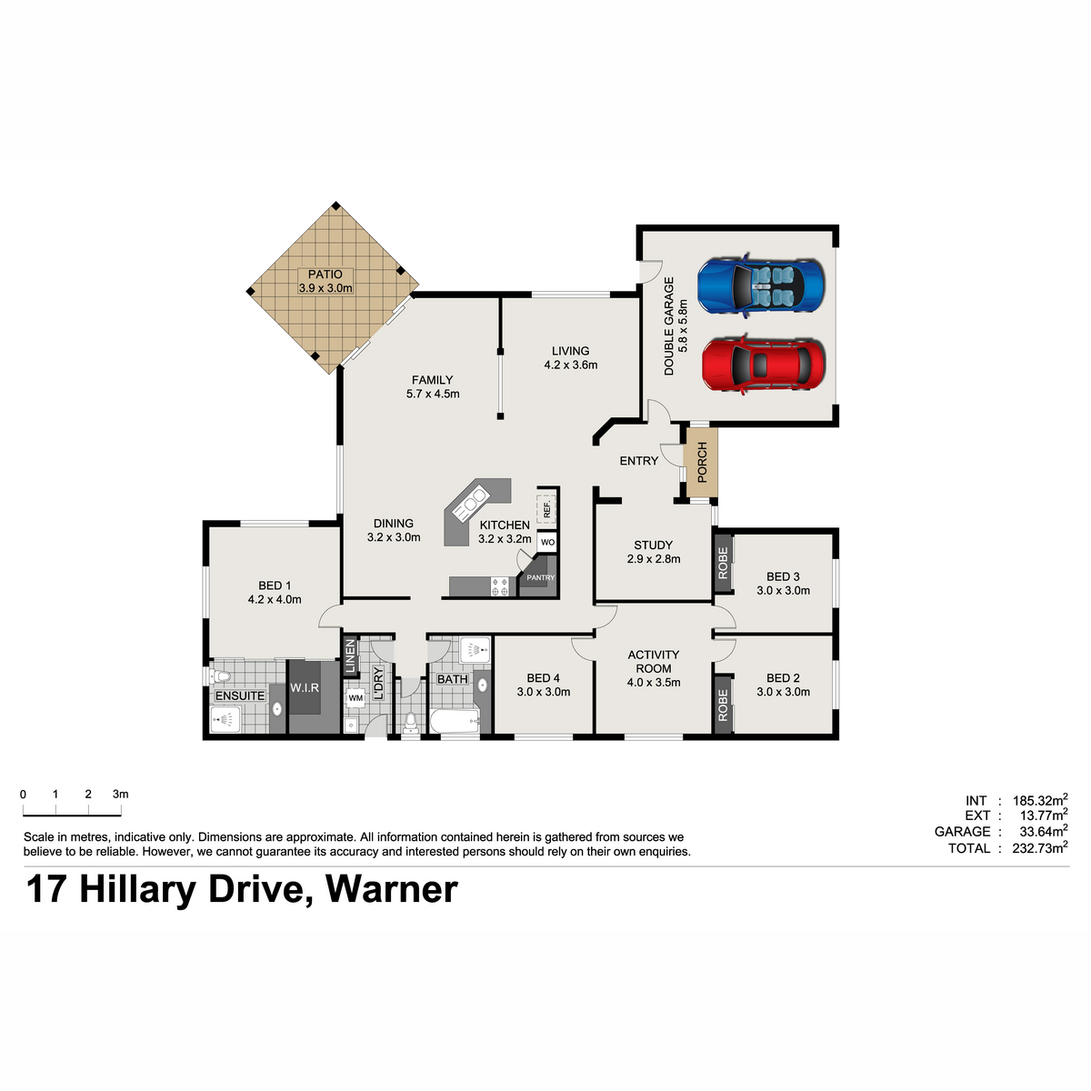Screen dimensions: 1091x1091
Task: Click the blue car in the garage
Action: point(760,285)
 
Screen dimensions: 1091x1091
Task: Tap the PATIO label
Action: point(325,274)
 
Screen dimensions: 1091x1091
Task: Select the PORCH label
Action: point(702,463)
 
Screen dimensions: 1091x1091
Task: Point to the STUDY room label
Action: point(653,545)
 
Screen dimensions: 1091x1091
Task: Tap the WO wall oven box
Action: point(547,543)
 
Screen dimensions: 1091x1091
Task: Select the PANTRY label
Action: point(541,577)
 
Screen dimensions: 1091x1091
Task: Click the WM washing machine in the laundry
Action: point(355,697)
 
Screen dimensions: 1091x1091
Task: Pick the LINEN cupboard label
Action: point(350,656)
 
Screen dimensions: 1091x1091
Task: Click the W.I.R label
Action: point(305,688)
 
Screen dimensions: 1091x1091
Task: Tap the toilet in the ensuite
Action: point(220,676)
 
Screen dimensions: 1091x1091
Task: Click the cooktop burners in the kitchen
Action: point(500,586)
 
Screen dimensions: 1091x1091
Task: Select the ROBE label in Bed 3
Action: point(723,563)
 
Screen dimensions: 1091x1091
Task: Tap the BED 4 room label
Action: point(543,677)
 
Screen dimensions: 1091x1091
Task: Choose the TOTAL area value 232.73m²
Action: point(1040,848)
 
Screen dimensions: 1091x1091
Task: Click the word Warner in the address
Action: point(391,890)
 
